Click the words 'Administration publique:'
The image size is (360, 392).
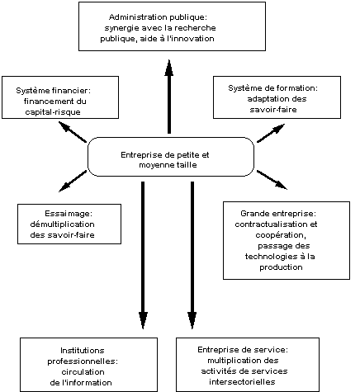tap(158, 17)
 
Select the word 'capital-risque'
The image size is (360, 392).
tap(53, 112)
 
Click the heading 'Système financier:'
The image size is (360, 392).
tap(53, 91)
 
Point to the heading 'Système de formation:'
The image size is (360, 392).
tap(272, 88)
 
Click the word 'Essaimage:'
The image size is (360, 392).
tap(69, 214)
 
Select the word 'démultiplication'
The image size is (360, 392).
tap(62, 224)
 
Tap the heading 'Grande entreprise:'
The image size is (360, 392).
tap(278, 214)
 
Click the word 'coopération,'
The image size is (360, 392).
tap(281, 235)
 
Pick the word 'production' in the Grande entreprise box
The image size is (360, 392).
tap(281, 267)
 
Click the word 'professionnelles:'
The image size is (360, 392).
tap(83, 361)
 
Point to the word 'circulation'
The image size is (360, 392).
tap(83, 372)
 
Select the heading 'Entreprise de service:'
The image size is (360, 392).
tap(243, 350)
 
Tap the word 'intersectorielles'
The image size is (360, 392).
tap(242, 382)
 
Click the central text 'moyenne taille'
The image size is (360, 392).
tap(168, 165)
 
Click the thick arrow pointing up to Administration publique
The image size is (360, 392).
tap(169, 97)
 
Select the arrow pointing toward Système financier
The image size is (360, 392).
tap(73, 132)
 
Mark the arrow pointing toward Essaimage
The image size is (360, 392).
tap(73, 182)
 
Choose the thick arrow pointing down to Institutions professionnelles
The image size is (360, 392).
tap(143, 255)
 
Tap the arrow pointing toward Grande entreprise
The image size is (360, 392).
tap(272, 180)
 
